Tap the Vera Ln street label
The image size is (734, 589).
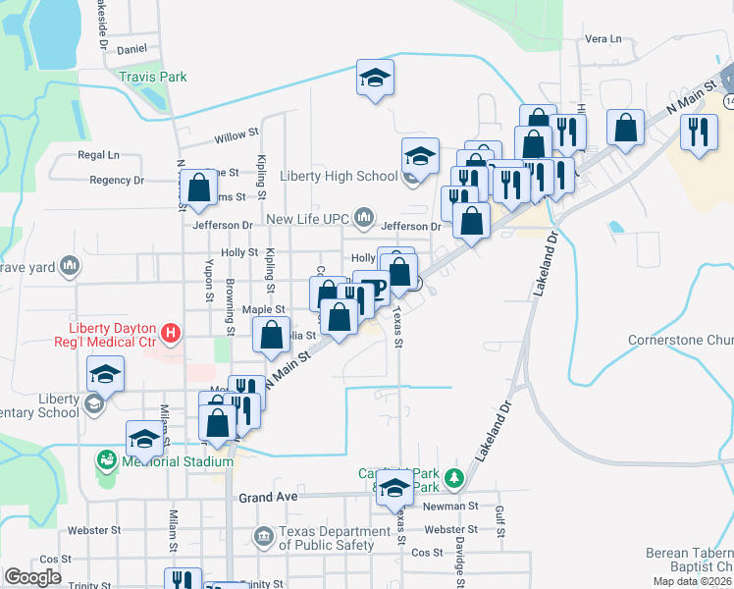coord(603,39)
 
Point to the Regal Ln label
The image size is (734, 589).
coord(98,155)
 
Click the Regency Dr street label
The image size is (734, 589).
coord(117,181)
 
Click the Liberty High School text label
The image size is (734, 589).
coord(339,177)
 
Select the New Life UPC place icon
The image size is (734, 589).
coord(365,215)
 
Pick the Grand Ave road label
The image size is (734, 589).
coord(268,498)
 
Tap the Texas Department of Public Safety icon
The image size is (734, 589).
coord(263,536)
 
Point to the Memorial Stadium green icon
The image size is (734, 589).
coord(106,458)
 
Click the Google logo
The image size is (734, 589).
coord(32,577)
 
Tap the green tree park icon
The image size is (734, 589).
coord(453,479)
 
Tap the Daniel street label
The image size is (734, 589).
coord(131,48)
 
